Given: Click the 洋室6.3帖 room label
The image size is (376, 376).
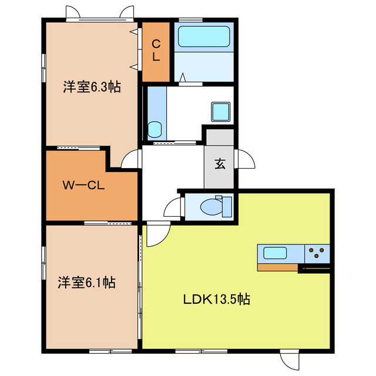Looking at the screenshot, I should click(x=92, y=88).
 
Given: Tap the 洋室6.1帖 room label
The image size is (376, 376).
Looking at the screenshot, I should click(x=86, y=282).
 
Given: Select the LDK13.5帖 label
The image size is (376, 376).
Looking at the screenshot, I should click(x=216, y=299).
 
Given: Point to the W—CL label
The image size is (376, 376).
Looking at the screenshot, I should click(x=83, y=186).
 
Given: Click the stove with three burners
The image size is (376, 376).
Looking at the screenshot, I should click(x=317, y=253).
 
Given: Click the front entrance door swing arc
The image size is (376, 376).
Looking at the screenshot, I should click(x=247, y=157).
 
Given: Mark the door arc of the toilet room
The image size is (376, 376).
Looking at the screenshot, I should click(x=173, y=207).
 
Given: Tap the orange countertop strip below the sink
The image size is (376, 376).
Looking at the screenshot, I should click(x=278, y=267).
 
